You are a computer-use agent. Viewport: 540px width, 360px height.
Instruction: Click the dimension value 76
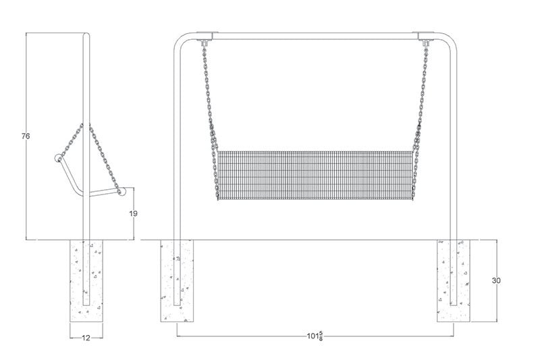[x=26, y=136]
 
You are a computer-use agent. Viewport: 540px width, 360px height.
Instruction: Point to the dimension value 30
[x=496, y=280]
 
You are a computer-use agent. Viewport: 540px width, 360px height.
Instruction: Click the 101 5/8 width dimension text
[x=315, y=336]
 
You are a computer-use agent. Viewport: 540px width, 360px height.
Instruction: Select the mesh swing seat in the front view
[x=314, y=175]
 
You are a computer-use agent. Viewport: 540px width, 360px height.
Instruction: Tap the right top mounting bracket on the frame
[x=427, y=36]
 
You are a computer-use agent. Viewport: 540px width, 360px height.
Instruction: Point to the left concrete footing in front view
[x=177, y=280]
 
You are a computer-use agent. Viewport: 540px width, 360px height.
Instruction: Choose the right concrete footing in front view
[x=454, y=280]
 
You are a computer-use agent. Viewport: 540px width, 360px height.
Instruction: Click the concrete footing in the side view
[x=86, y=280]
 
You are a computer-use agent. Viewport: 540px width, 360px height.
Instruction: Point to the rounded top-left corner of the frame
[x=178, y=40]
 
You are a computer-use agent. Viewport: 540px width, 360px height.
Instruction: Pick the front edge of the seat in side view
[x=121, y=192]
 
